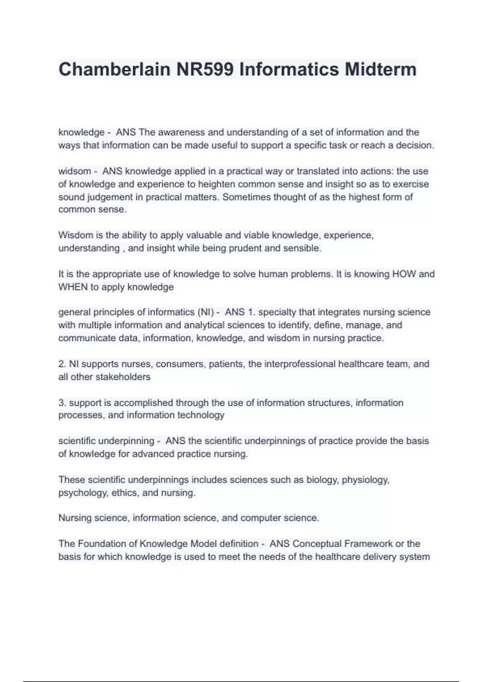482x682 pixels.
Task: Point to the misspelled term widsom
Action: tap(74, 171)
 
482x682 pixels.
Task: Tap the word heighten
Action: tap(217, 184)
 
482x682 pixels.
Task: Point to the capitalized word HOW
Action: tap(404, 274)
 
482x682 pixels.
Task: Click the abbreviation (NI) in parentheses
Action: tap(206, 312)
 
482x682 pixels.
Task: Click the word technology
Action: tap(201, 415)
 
